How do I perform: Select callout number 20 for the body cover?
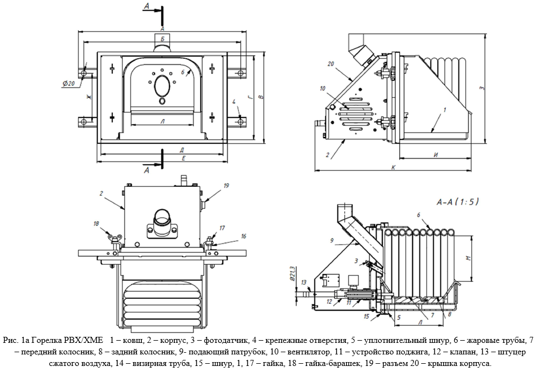(330, 64)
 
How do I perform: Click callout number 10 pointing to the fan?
(322, 88)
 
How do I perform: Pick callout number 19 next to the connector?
(225, 186)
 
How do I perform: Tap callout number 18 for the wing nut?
(97, 224)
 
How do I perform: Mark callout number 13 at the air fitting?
(303, 282)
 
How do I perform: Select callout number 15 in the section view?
(366, 317)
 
